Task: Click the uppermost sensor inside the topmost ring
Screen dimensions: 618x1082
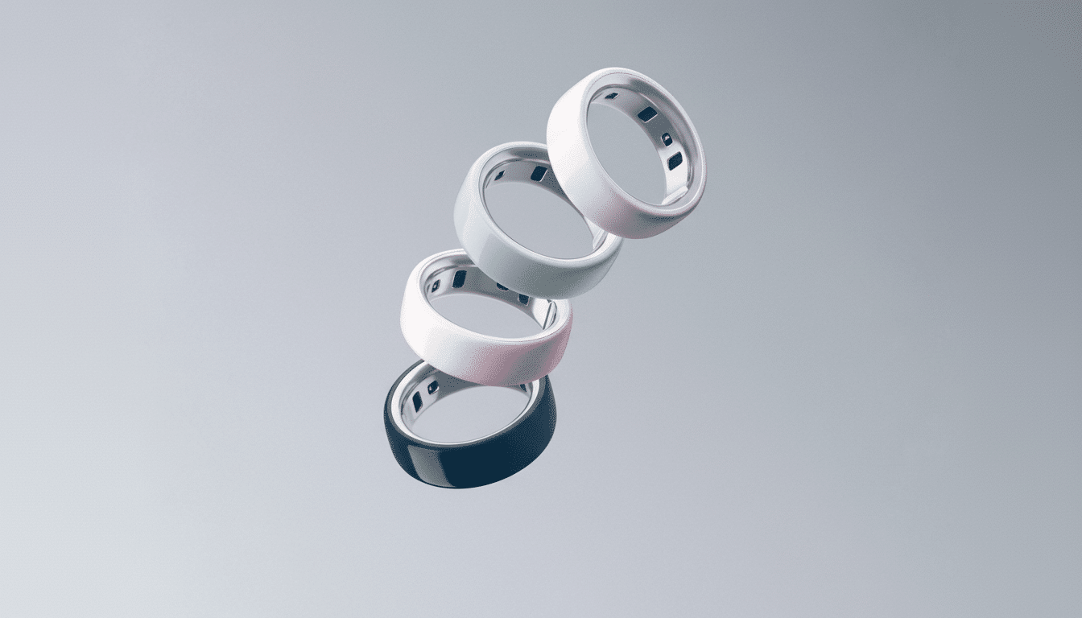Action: pos(612,96)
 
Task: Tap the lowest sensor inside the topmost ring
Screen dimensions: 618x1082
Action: pos(675,161)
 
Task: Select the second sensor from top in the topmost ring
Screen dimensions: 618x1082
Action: pos(647,114)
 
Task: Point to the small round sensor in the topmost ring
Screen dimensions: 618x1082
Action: pos(667,139)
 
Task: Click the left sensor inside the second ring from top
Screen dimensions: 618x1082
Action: pos(499,175)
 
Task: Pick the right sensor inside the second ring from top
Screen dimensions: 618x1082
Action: pos(539,174)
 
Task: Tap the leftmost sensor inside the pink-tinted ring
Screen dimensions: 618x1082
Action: pos(436,285)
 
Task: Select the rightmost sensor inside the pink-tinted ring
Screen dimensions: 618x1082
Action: pos(523,299)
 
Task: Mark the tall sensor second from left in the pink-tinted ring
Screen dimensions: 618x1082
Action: pos(459,279)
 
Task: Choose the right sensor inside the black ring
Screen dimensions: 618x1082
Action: pos(433,387)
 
